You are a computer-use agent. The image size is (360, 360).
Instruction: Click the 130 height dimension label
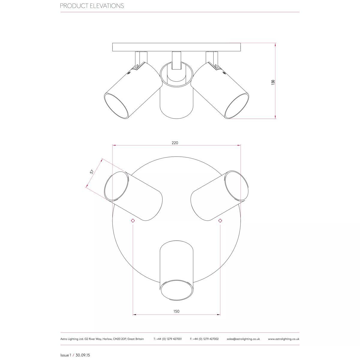tap(273, 82)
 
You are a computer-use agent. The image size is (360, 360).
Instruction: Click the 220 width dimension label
tap(175, 143)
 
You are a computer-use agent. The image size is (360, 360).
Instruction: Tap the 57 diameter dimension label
tap(92, 172)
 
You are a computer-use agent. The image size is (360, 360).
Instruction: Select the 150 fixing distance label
tap(176, 311)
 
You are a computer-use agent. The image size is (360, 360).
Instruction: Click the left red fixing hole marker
tap(133, 220)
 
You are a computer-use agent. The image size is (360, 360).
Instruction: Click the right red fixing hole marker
tap(220, 220)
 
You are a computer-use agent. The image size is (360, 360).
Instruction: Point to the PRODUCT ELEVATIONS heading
tap(92, 6)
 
